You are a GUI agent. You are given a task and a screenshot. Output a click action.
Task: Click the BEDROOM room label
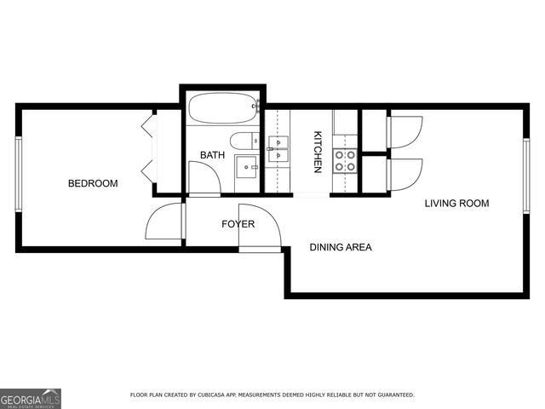(93, 183)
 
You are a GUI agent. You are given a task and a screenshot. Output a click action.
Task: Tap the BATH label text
(212, 154)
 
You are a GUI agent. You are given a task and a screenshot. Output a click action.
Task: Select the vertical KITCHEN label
(317, 152)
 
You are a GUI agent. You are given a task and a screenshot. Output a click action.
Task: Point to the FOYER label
(238, 224)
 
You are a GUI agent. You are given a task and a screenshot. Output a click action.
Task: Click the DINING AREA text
(341, 247)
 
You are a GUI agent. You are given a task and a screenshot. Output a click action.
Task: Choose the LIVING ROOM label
(456, 203)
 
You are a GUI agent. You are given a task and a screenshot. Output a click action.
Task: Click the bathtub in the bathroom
(223, 109)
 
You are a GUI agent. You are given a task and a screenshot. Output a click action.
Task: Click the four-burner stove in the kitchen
(343, 160)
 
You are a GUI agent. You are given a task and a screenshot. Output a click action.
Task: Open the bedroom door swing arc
(164, 223)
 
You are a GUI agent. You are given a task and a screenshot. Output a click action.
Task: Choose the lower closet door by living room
(404, 175)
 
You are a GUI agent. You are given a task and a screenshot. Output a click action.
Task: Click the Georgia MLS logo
(31, 398)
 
